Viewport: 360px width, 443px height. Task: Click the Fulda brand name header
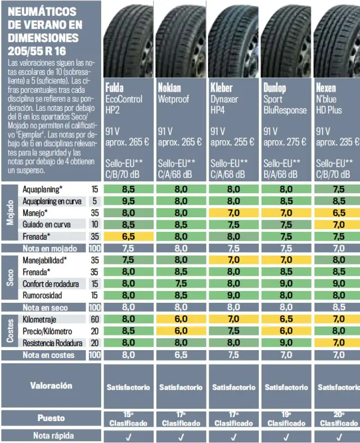[115, 88]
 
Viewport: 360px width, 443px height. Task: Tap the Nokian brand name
[169, 88]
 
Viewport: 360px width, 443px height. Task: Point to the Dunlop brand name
[274, 88]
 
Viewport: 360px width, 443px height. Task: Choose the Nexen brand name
[326, 88]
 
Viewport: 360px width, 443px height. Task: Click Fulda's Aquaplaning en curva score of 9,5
[128, 201]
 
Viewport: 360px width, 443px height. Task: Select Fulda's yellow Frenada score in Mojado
[128, 236]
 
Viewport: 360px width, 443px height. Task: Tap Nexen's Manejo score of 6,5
[339, 213]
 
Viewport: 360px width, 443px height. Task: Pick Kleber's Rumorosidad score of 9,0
[233, 295]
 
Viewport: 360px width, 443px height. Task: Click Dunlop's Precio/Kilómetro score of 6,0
[286, 331]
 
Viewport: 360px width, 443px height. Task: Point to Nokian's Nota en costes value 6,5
[181, 355]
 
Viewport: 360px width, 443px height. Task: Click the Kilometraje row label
[40, 319]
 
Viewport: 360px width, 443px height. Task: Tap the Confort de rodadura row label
[51, 283]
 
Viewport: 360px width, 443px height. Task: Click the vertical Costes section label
[10, 331]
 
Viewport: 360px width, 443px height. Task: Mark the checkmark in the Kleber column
[233, 436]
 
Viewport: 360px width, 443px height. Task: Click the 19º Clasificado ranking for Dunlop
[286, 418]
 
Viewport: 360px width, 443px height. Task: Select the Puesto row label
[51, 418]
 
